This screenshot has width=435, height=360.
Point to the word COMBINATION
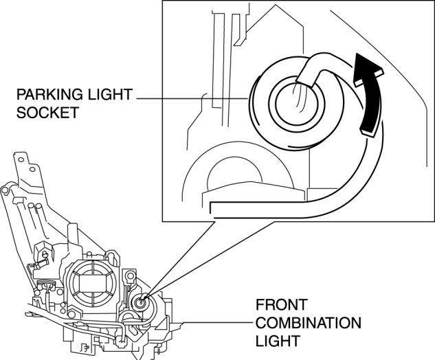308,322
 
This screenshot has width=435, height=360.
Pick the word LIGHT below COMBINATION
274,341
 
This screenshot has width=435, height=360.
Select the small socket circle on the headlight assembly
141,302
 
